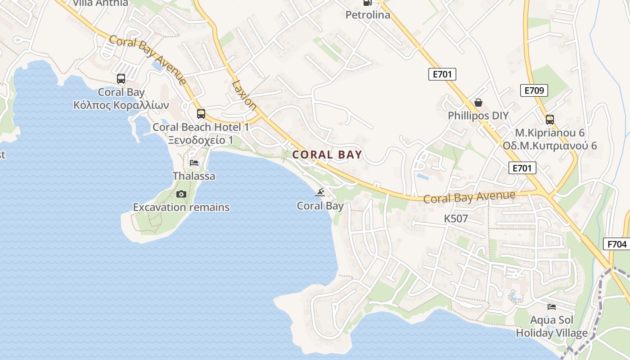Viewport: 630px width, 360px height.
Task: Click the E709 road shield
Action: pyautogui.click(x=534, y=90)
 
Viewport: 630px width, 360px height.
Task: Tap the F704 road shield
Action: pyautogui.click(x=616, y=244)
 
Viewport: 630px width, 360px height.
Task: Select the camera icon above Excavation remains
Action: pyautogui.click(x=181, y=194)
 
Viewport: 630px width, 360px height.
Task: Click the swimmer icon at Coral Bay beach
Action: pyautogui.click(x=320, y=193)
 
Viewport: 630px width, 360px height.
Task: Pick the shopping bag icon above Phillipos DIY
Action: pyautogui.click(x=478, y=103)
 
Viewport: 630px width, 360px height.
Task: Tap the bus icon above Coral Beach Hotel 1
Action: pyautogui.click(x=201, y=114)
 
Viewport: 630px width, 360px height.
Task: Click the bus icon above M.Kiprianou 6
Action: pyautogui.click(x=549, y=120)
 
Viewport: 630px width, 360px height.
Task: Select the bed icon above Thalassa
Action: pyautogui.click(x=194, y=162)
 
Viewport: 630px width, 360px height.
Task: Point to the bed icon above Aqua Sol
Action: pyautogui.click(x=551, y=307)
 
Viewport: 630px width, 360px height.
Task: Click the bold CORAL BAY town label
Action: pyautogui.click(x=327, y=155)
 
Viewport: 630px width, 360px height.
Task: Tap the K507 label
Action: pyautogui.click(x=456, y=219)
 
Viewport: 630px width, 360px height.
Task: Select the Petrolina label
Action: pyautogui.click(x=368, y=15)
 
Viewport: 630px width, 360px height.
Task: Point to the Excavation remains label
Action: pyautogui.click(x=181, y=207)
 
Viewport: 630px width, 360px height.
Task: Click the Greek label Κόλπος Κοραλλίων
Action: pyautogui.click(x=121, y=105)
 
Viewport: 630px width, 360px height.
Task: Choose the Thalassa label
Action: pyautogui.click(x=194, y=176)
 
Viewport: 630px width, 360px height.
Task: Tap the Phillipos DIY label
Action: pyautogui.click(x=478, y=116)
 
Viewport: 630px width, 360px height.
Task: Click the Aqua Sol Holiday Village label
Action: pyautogui.click(x=551, y=327)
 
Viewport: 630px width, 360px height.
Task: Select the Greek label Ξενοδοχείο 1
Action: pyautogui.click(x=201, y=140)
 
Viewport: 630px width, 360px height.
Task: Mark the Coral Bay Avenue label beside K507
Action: pyautogui.click(x=469, y=197)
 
